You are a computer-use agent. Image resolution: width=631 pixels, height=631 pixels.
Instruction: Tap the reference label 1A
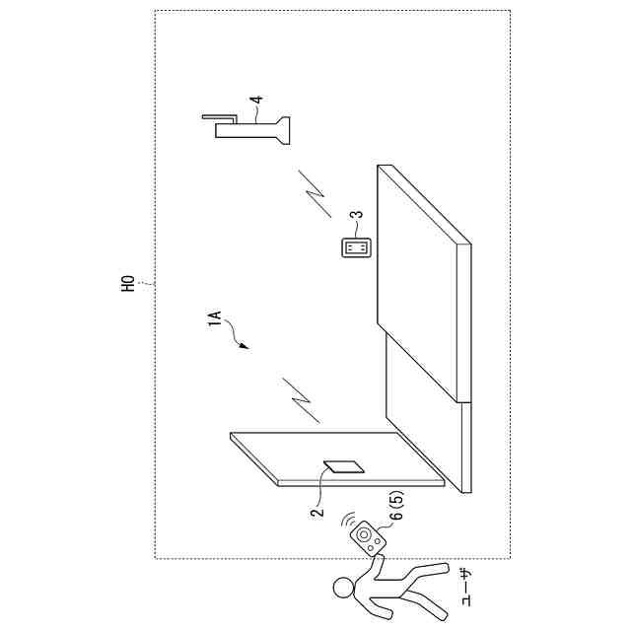[218, 322]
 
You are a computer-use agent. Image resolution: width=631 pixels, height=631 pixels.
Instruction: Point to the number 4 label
[255, 101]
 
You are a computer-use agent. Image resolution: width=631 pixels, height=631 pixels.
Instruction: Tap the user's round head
[342, 588]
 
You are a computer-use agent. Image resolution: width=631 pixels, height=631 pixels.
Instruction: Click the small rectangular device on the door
[344, 468]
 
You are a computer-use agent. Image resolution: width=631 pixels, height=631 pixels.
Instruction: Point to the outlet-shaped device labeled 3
[356, 246]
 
